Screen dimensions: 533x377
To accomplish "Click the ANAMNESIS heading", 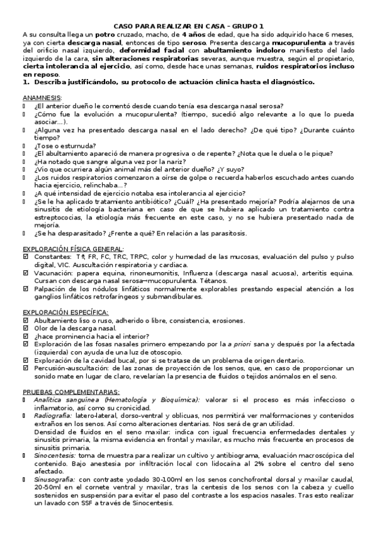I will point(42,98).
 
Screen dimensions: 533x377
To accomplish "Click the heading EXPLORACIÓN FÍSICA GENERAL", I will point(74,249).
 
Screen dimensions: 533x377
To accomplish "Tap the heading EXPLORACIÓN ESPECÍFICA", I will point(66,312).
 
